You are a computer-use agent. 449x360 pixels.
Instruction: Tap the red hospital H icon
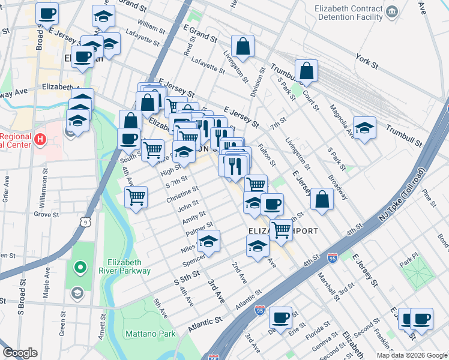click(40, 140)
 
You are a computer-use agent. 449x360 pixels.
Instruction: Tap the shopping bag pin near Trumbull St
click(306, 71)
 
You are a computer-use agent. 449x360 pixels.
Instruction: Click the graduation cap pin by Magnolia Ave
click(364, 128)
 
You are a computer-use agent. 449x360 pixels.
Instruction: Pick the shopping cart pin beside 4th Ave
click(136, 196)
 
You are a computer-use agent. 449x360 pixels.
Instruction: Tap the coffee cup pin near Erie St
click(280, 317)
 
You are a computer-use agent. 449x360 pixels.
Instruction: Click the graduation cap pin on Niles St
click(208, 241)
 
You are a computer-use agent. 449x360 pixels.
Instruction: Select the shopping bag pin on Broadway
click(322, 200)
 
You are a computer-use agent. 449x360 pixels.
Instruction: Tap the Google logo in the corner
click(20, 353)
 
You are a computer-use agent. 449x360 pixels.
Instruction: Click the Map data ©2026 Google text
click(411, 355)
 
